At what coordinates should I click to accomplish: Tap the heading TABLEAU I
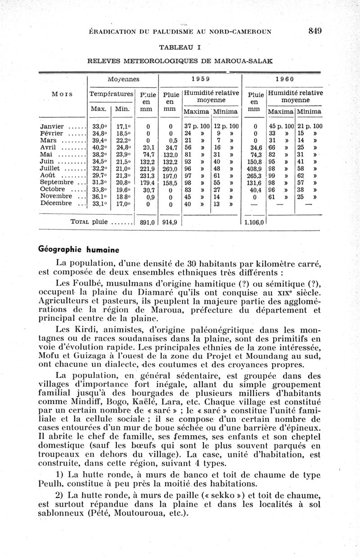click(180, 47)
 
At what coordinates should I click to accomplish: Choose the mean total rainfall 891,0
click(147, 222)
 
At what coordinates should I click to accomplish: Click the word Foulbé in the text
click(88, 283)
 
